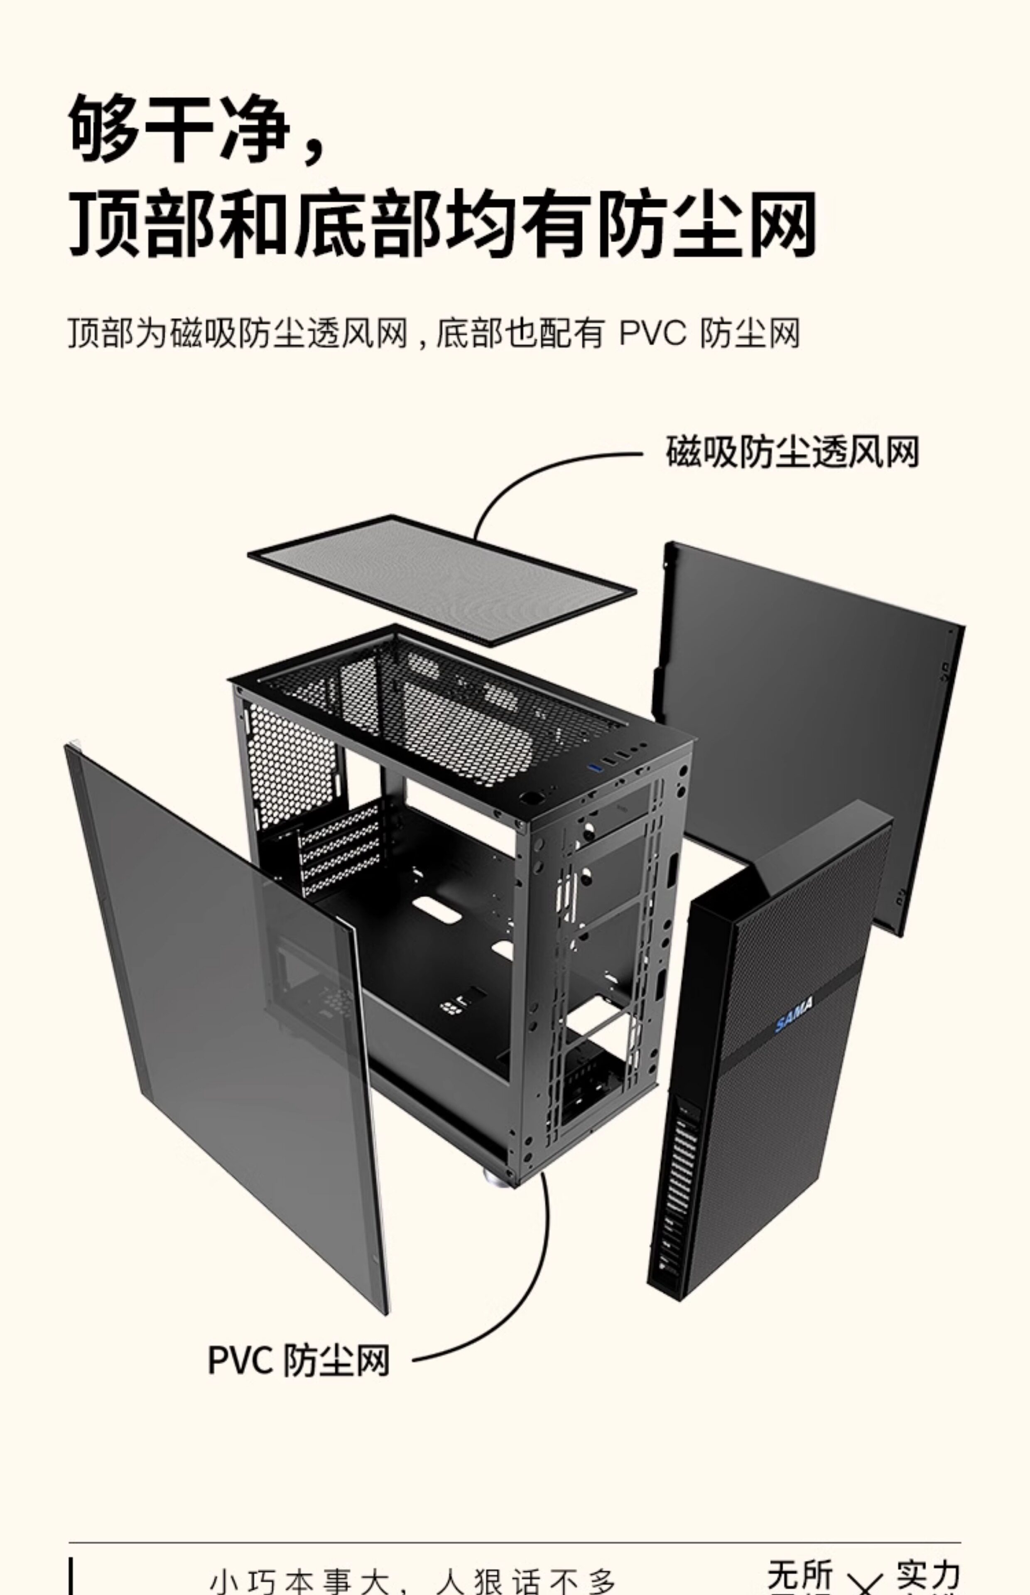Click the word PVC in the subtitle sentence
click(652, 333)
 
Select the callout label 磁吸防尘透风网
click(792, 452)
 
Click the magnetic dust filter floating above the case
click(441, 579)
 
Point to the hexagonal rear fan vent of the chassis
click(291, 762)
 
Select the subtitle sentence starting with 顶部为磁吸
click(435, 333)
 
